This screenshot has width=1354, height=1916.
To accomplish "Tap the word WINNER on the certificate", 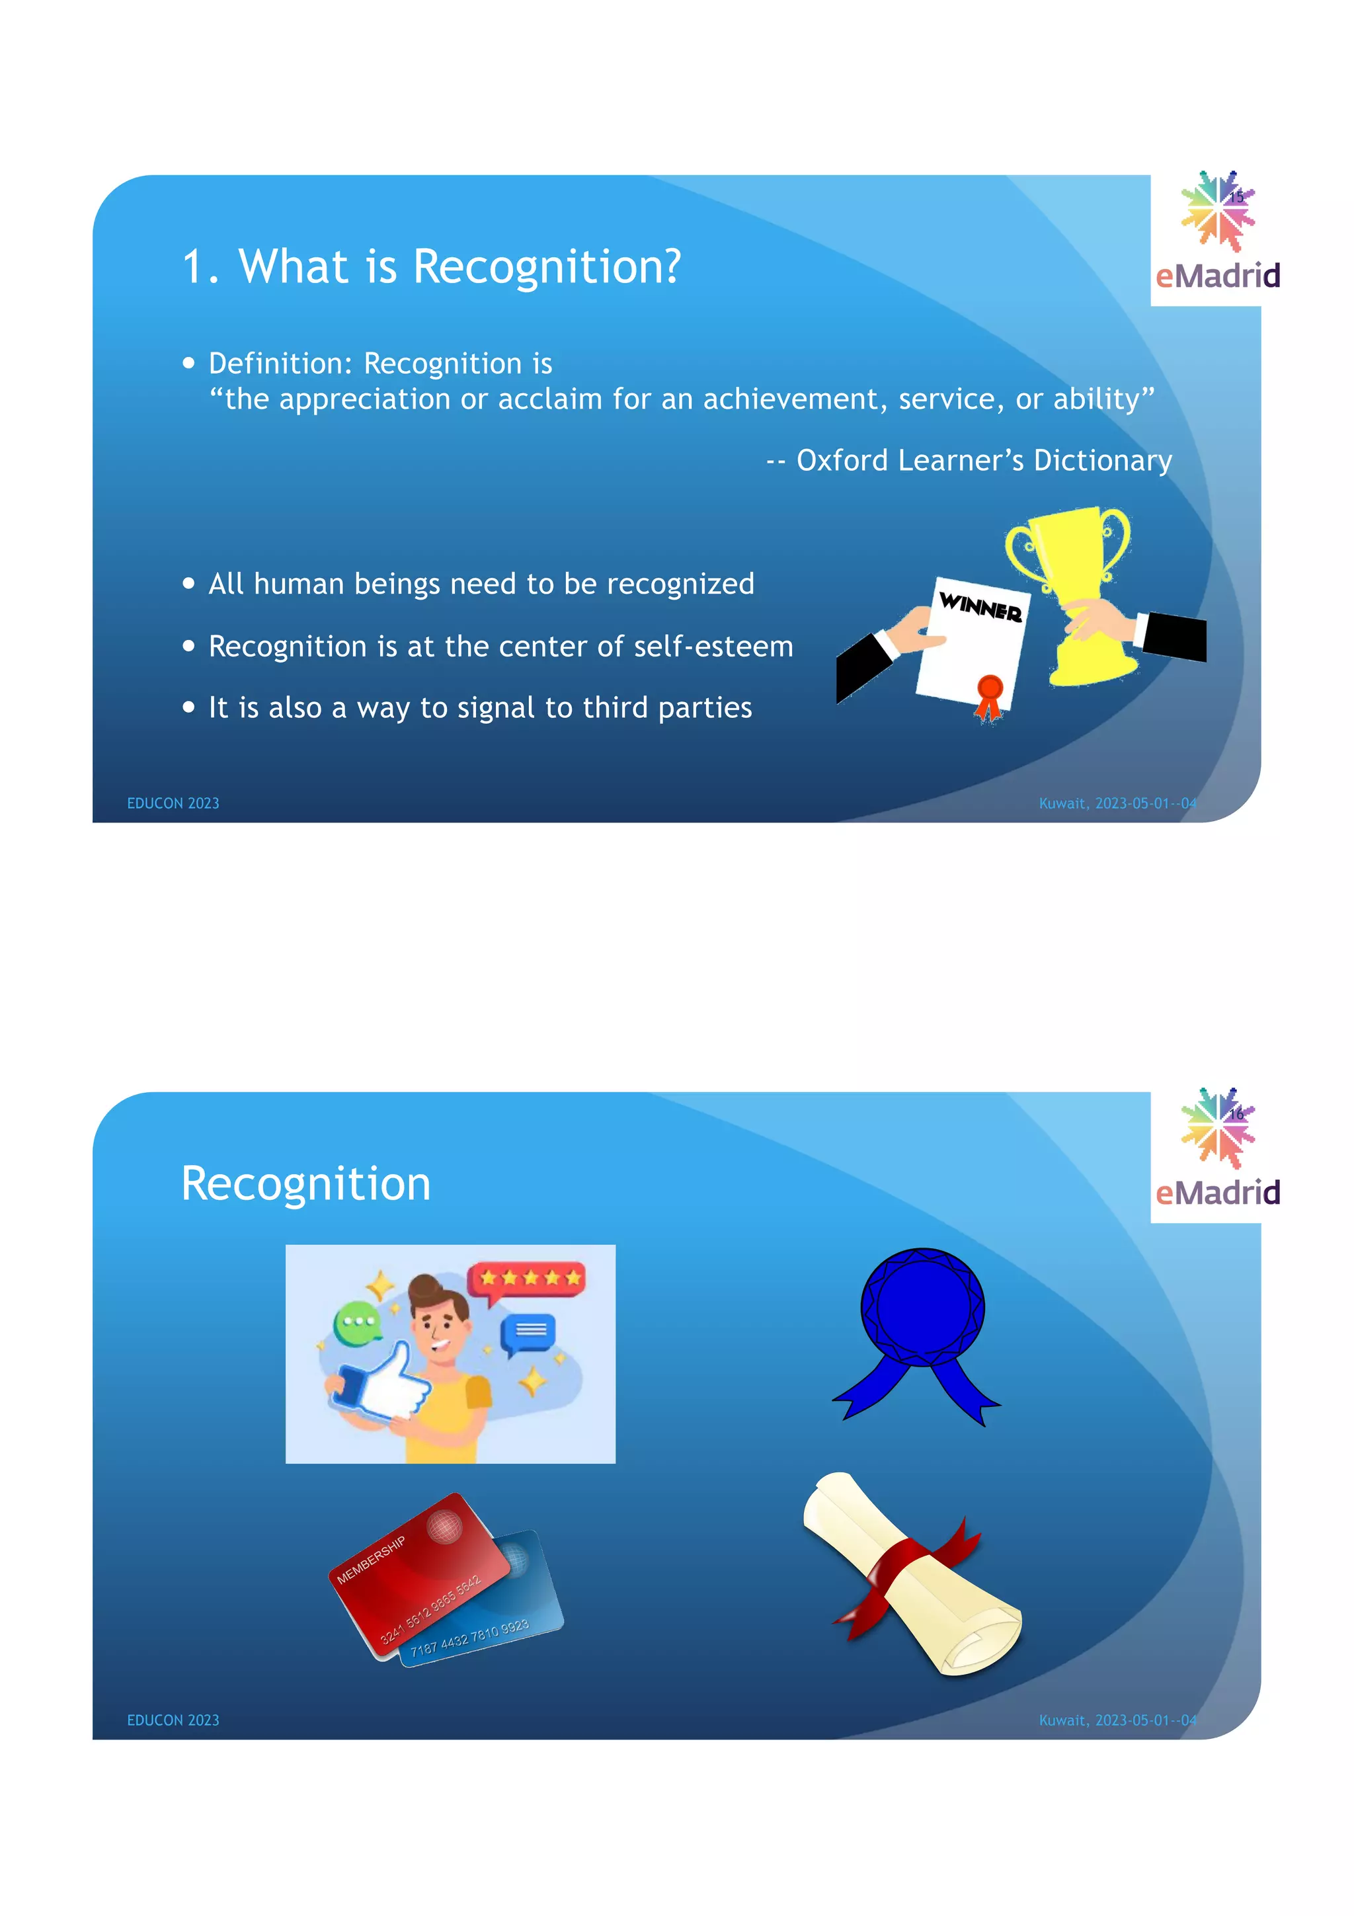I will pyautogui.click(x=980, y=607).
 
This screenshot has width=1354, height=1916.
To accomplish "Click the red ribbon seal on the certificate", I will pyautogui.click(x=990, y=694).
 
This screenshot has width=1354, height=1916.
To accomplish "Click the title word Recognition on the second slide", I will pyautogui.click(x=306, y=1183).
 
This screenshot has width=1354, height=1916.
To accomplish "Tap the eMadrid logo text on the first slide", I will pyautogui.click(x=1217, y=276).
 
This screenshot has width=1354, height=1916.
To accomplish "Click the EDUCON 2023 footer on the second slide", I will pyautogui.click(x=173, y=1720).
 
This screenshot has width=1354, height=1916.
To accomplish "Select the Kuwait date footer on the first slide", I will pyautogui.click(x=1117, y=803).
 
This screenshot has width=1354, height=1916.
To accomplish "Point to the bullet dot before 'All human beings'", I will pyautogui.click(x=188, y=583).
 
